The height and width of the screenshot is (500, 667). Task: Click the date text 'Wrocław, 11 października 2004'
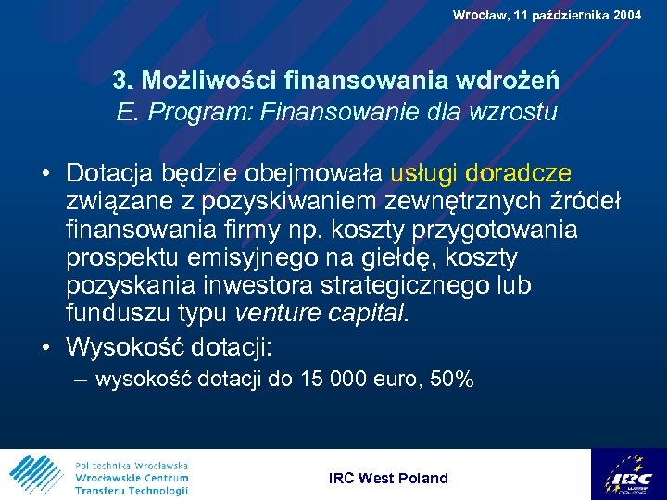(x=547, y=15)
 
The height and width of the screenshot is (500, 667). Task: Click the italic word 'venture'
(x=278, y=314)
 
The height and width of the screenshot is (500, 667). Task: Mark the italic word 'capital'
(x=365, y=314)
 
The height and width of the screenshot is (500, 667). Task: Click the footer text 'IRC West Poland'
(x=388, y=478)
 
